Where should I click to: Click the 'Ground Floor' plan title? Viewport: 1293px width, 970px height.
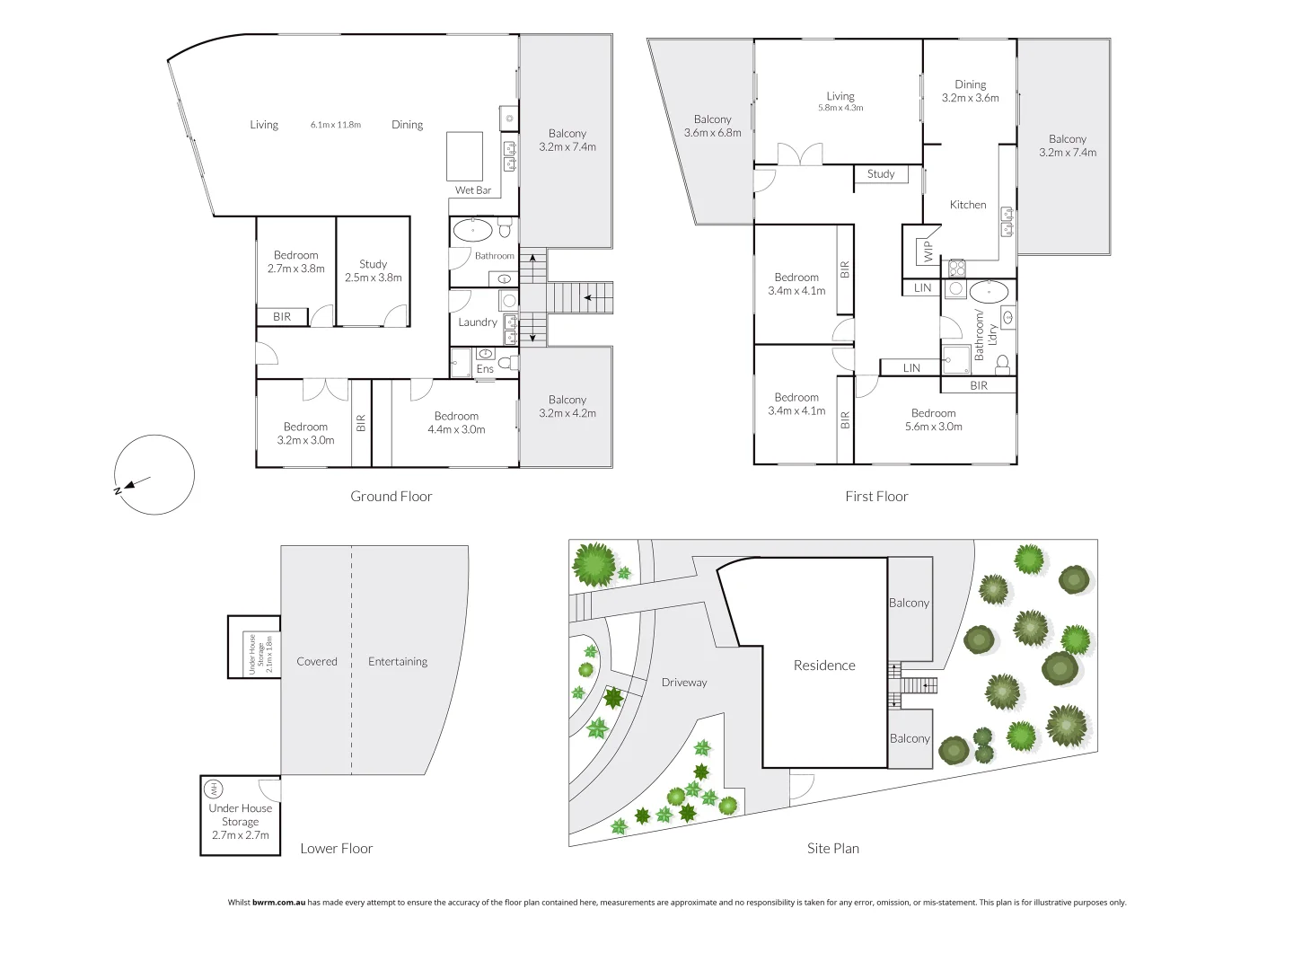point(391,496)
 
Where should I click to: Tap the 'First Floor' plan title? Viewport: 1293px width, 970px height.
point(876,496)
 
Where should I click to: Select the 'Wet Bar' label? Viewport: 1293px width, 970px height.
point(473,190)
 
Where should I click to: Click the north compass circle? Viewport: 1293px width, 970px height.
point(155,474)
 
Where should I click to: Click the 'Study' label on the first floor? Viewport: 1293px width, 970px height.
point(881,174)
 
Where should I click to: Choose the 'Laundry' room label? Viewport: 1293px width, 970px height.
point(478,322)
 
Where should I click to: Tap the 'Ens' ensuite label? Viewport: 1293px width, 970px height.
point(485,369)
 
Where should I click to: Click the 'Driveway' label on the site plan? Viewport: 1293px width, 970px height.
point(684,683)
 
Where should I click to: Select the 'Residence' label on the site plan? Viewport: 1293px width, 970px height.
point(824,666)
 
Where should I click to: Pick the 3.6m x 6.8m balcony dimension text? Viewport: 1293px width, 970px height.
point(713,133)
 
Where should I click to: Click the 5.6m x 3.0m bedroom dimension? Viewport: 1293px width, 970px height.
point(934,427)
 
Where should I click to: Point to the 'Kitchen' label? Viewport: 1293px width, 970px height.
point(968,205)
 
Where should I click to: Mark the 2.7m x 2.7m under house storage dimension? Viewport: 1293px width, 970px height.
point(241,835)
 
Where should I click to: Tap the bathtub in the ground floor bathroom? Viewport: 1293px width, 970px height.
point(472,230)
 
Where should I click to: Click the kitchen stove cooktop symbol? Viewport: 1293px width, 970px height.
point(956,267)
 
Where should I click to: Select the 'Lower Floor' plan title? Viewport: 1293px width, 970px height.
point(337,848)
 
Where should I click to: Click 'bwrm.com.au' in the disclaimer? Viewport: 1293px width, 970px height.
point(279,903)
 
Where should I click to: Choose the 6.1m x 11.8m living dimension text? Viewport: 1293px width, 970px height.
point(336,125)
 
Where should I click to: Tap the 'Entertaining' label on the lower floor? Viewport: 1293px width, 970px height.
point(398,662)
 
